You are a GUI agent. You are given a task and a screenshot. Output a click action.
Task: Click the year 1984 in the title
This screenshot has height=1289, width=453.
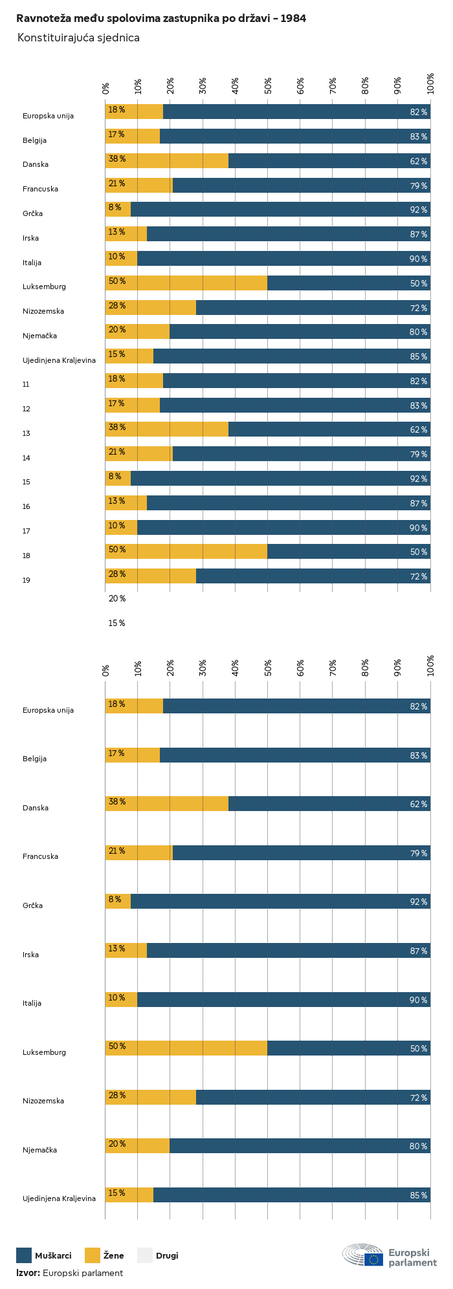(x=293, y=19)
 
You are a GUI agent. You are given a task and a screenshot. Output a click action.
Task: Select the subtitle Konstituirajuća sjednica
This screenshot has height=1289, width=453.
(x=78, y=38)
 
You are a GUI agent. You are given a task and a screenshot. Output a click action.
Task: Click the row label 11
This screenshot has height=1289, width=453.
(x=26, y=385)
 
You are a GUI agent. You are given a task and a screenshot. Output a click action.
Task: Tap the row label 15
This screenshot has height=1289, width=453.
(x=26, y=482)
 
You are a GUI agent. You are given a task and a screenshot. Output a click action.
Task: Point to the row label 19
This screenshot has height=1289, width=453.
(x=26, y=580)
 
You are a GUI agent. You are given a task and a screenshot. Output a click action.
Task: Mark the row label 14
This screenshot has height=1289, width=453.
(x=26, y=458)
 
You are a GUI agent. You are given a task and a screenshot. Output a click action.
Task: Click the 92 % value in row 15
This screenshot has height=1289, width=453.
(x=419, y=479)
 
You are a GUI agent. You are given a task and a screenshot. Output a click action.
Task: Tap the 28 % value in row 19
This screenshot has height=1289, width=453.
(x=117, y=574)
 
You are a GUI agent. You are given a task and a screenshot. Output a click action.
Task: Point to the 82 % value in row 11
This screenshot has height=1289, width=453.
(x=419, y=382)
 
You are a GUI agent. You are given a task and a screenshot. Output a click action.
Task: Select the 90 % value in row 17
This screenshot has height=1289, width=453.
(x=419, y=528)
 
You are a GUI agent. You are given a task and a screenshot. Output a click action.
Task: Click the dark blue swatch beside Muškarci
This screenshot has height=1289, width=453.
(x=24, y=1255)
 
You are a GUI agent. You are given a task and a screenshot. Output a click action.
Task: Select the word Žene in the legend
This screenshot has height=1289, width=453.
(x=113, y=1256)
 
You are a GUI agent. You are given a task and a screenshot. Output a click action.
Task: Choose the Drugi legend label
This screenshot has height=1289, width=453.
(x=167, y=1256)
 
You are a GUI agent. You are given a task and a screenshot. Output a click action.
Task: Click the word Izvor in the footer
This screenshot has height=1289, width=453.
(x=28, y=1273)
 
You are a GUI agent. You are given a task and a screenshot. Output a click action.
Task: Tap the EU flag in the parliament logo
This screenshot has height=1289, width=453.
(x=373, y=1259)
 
